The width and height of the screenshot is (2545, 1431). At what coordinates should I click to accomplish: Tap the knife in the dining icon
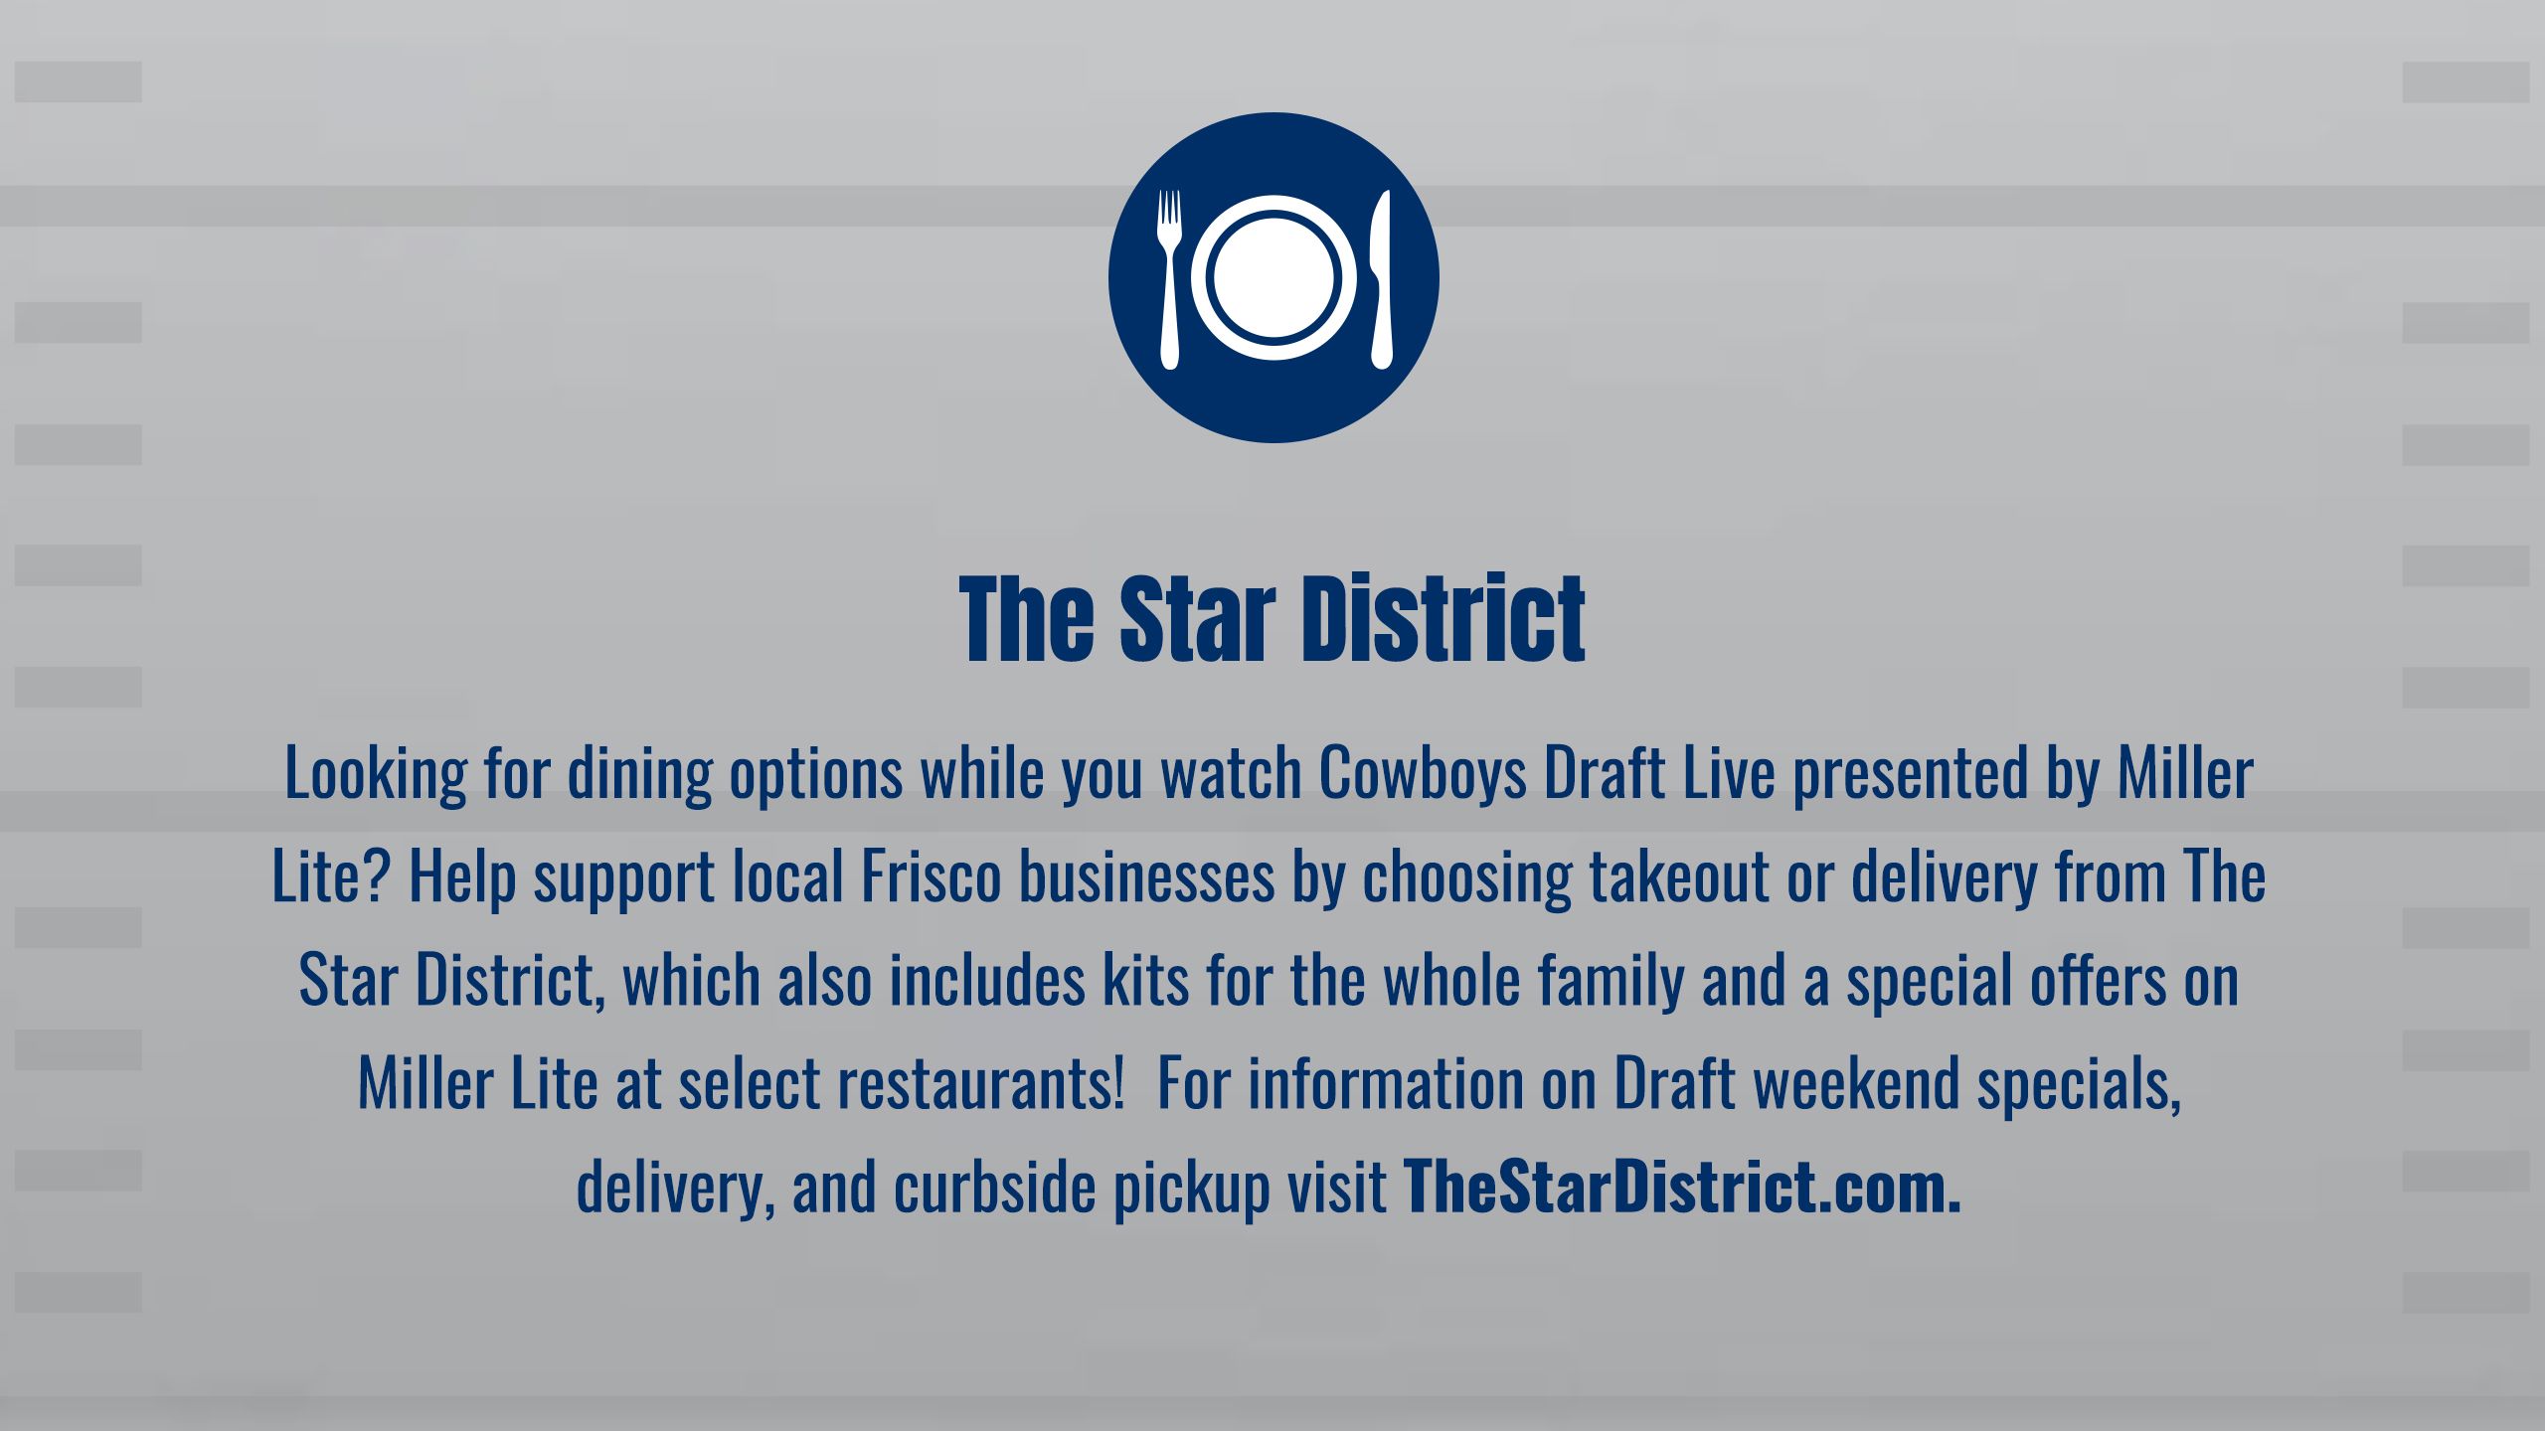(1381, 278)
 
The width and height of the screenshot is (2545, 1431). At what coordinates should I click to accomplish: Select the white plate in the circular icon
(1274, 277)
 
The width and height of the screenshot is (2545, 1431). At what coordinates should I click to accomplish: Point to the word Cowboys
(1424, 774)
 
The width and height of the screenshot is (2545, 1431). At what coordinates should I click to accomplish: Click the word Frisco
(931, 876)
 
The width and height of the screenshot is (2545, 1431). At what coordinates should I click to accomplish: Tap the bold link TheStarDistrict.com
(1682, 1186)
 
